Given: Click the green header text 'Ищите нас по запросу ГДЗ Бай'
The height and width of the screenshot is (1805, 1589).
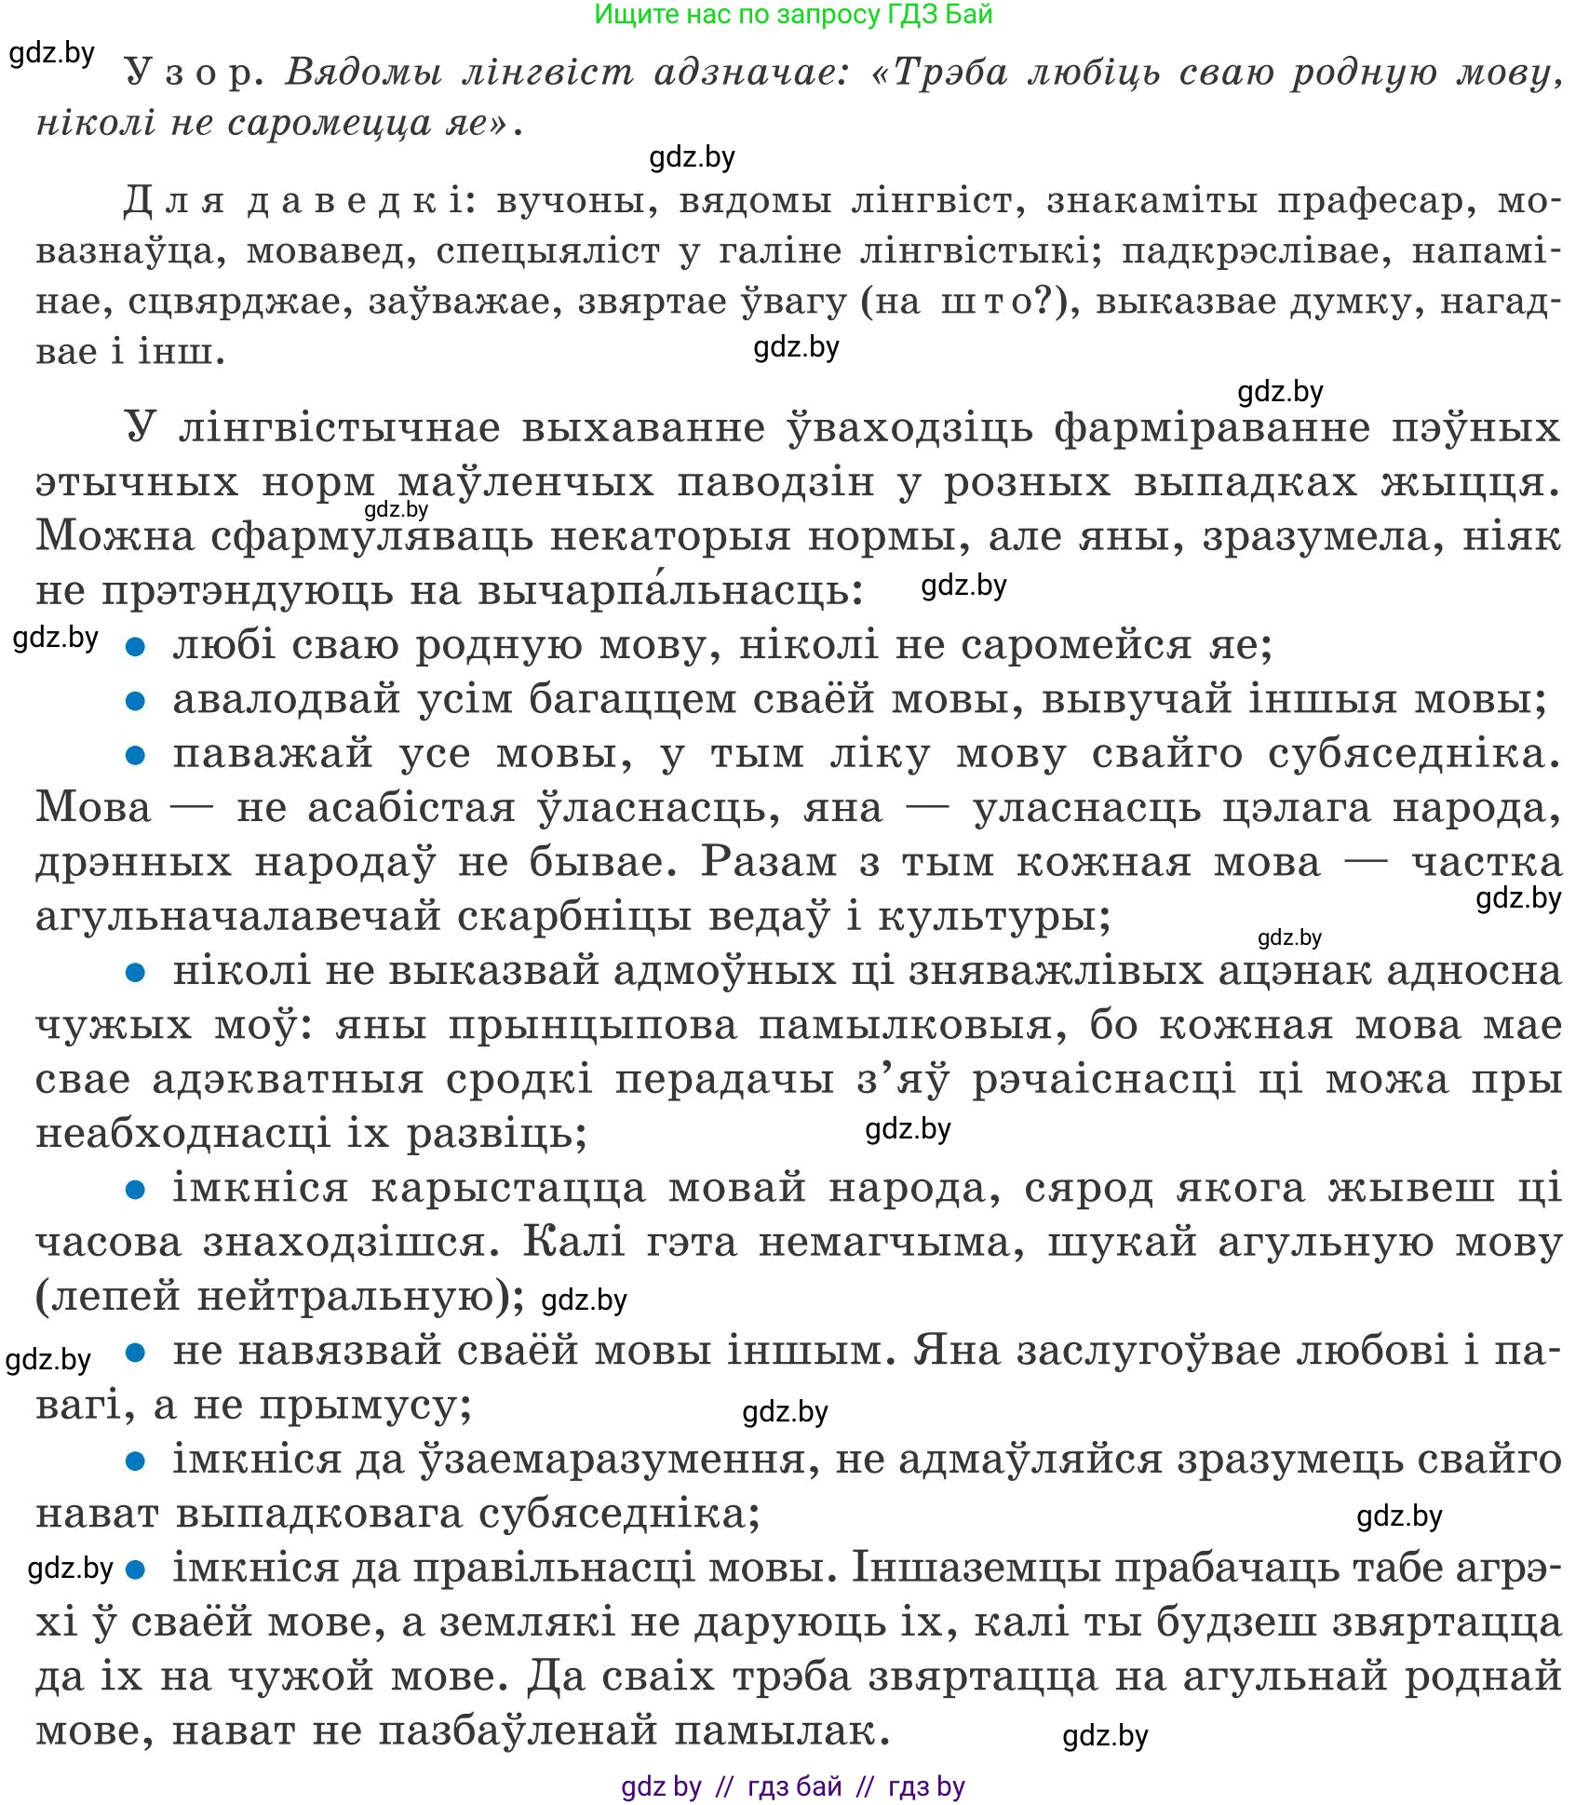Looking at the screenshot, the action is tap(793, 15).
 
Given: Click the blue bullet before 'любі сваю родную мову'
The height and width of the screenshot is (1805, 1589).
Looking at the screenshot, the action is tap(136, 646).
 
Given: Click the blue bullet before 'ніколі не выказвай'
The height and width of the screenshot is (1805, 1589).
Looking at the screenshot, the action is tap(136, 973).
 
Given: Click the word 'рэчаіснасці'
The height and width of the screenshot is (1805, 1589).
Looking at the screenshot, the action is tap(1104, 1081).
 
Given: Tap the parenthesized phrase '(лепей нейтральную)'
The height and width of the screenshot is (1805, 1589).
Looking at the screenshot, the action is tap(279, 1297).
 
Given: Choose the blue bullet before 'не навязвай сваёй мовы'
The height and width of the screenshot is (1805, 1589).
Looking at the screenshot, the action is tap(136, 1352).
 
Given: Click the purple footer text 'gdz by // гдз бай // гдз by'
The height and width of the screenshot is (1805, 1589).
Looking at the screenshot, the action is tap(793, 1786).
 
